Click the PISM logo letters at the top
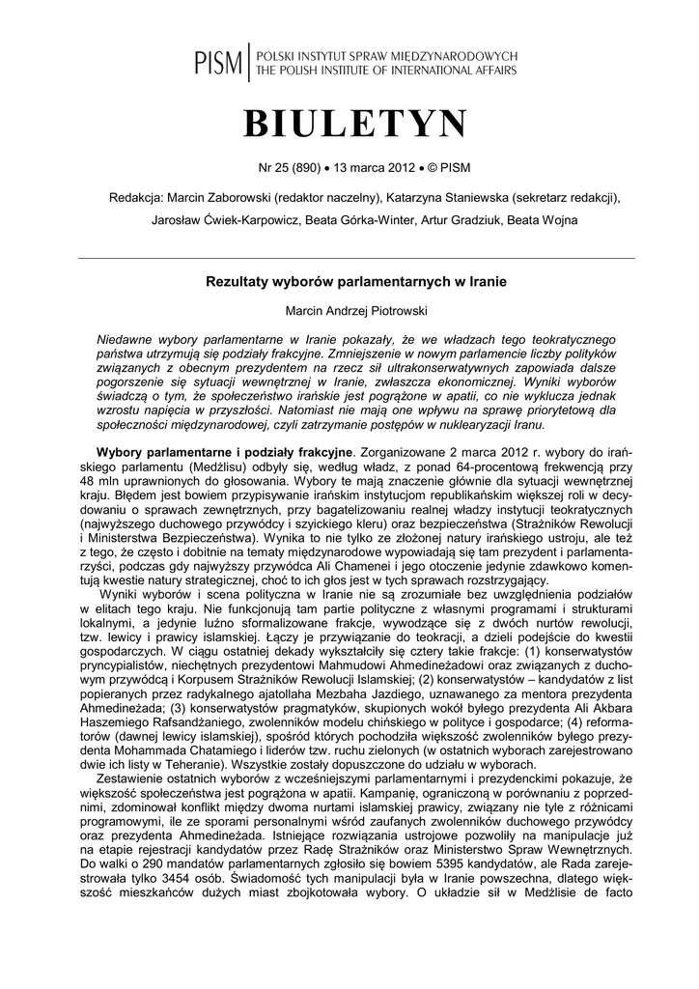pyautogui.click(x=218, y=64)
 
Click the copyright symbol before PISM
pyautogui.click(x=433, y=167)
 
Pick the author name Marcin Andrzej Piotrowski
pyautogui.click(x=355, y=311)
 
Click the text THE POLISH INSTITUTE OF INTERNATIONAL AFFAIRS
pyautogui.click(x=384, y=71)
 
